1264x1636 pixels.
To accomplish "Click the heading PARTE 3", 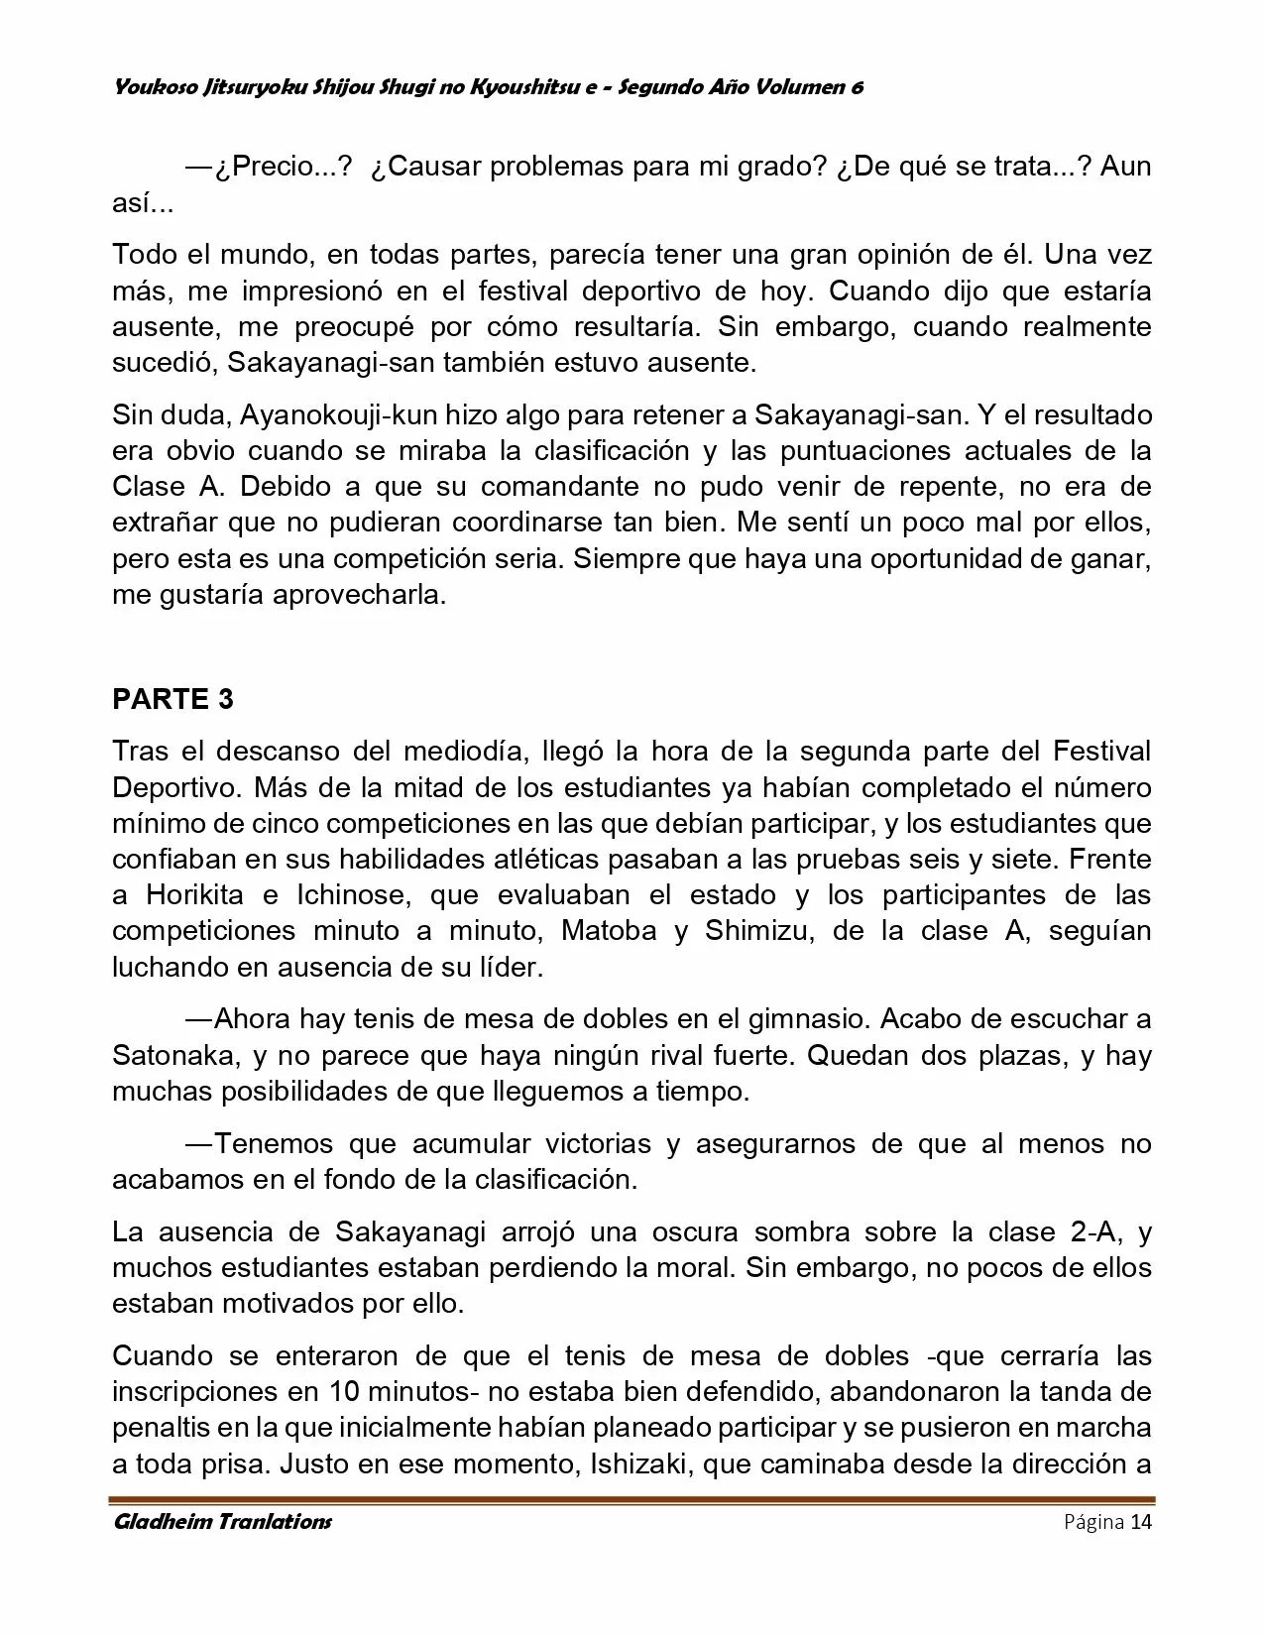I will [173, 699].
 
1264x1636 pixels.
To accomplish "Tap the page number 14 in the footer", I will [1141, 1521].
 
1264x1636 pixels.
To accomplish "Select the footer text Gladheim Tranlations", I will [222, 1521].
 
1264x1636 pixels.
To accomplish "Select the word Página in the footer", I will [1093, 1522].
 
